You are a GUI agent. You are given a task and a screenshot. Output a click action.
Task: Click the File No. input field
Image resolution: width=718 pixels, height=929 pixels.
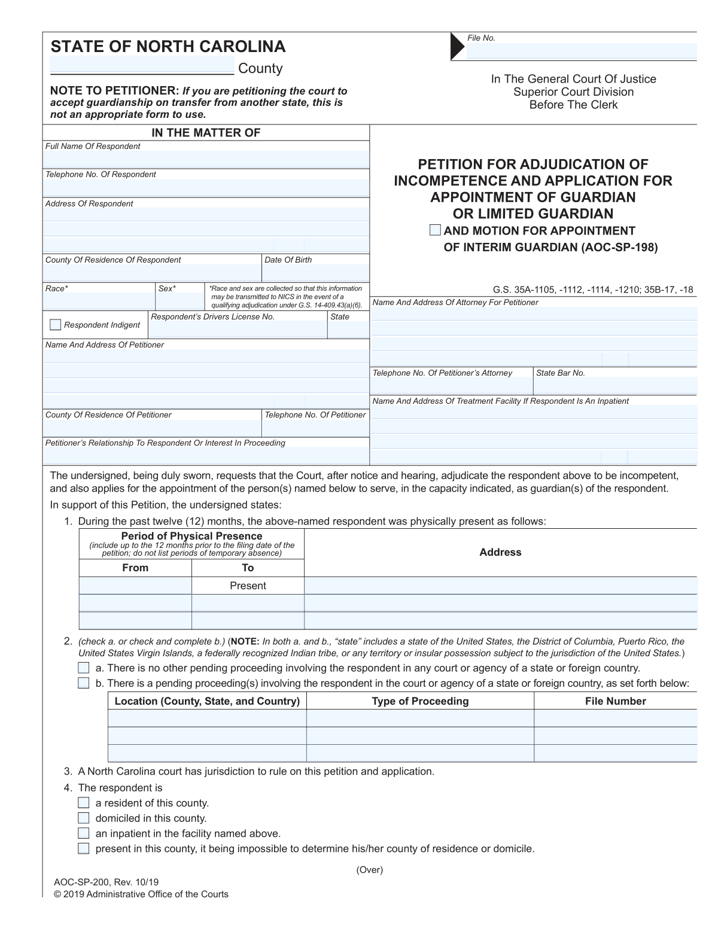coord(581,51)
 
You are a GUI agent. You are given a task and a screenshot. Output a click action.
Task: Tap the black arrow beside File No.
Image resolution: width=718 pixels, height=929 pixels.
coord(458,46)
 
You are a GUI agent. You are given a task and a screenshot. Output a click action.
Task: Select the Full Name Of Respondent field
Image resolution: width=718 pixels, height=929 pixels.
coord(206,159)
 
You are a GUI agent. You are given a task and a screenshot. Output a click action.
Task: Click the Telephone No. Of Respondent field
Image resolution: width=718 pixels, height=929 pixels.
coord(206,188)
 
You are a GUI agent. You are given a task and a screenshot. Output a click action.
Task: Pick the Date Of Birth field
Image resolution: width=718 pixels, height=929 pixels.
coord(315,273)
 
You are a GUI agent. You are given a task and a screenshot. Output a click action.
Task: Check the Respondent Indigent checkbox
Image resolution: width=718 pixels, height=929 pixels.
coord(55,325)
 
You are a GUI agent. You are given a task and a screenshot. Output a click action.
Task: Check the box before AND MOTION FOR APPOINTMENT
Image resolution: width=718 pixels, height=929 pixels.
coord(436,230)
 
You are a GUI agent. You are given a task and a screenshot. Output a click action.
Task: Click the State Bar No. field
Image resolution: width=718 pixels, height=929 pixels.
coord(615,386)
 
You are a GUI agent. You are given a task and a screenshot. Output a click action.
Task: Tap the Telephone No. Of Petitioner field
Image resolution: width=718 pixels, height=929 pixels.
coord(315,428)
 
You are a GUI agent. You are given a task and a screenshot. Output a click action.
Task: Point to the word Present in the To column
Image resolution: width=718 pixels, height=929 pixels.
coord(248,586)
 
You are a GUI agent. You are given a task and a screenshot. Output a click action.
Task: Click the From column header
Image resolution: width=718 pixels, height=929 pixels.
coord(135,568)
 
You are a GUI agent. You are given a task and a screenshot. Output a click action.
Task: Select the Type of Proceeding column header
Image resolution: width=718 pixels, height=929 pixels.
coord(420,701)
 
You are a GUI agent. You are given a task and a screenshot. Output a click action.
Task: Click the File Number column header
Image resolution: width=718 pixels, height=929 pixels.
coord(615,701)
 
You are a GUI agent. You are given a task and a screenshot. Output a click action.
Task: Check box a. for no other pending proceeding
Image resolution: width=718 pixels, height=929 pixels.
coord(84,668)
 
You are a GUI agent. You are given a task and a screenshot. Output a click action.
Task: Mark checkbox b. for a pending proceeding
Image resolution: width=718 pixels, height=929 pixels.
coord(84,683)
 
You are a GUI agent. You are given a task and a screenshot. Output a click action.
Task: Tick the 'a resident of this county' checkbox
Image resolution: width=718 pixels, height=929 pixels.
coord(84,803)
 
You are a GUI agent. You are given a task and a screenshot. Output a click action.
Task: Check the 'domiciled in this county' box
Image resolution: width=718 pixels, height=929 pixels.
coord(84,818)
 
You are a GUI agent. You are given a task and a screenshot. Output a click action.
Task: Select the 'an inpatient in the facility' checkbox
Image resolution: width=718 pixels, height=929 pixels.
coord(84,833)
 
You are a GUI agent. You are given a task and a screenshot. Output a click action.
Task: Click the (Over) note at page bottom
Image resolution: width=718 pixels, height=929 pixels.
coord(369,870)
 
